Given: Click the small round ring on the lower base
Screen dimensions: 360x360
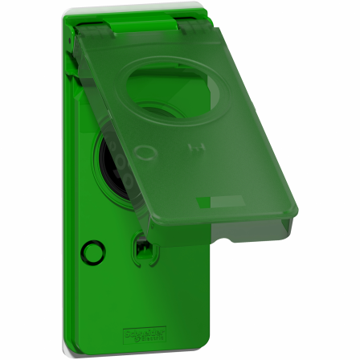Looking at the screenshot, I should pyautogui.click(x=93, y=252).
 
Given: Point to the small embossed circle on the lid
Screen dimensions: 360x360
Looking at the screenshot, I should pyautogui.click(x=145, y=151).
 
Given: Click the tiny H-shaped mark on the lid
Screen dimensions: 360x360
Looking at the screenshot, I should pyautogui.click(x=191, y=147).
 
